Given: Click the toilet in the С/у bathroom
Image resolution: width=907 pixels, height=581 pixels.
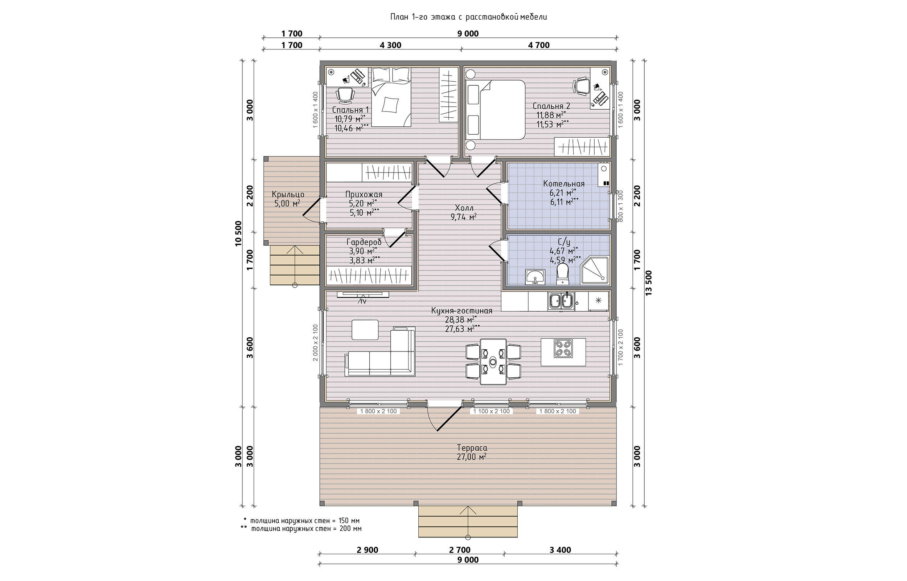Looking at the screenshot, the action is (562, 273).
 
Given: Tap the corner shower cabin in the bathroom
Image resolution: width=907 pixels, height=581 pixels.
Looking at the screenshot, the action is (595, 270).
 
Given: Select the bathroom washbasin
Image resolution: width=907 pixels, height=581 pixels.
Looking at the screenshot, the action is (535, 277).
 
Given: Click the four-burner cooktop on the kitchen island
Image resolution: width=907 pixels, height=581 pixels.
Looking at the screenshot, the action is (563, 349).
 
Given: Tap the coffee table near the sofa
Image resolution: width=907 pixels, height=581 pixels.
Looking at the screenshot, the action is (365, 330).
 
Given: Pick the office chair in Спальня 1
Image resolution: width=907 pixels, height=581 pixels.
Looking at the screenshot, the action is (82, 95).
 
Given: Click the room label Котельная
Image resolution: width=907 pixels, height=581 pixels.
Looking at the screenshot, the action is (564, 184).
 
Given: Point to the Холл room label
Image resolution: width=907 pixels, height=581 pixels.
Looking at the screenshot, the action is (464, 208).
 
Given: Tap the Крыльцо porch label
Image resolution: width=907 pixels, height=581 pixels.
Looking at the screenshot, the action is (288, 195).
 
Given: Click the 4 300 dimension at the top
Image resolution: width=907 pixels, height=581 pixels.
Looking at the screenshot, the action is (390, 45).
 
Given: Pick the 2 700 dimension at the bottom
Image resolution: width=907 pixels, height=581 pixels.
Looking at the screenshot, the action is (460, 550).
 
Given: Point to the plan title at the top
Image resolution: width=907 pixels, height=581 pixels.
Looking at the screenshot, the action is (468, 17).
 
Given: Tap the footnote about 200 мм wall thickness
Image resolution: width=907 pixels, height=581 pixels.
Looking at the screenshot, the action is (301, 529).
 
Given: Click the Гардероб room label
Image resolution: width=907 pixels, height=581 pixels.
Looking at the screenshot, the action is (364, 242).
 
